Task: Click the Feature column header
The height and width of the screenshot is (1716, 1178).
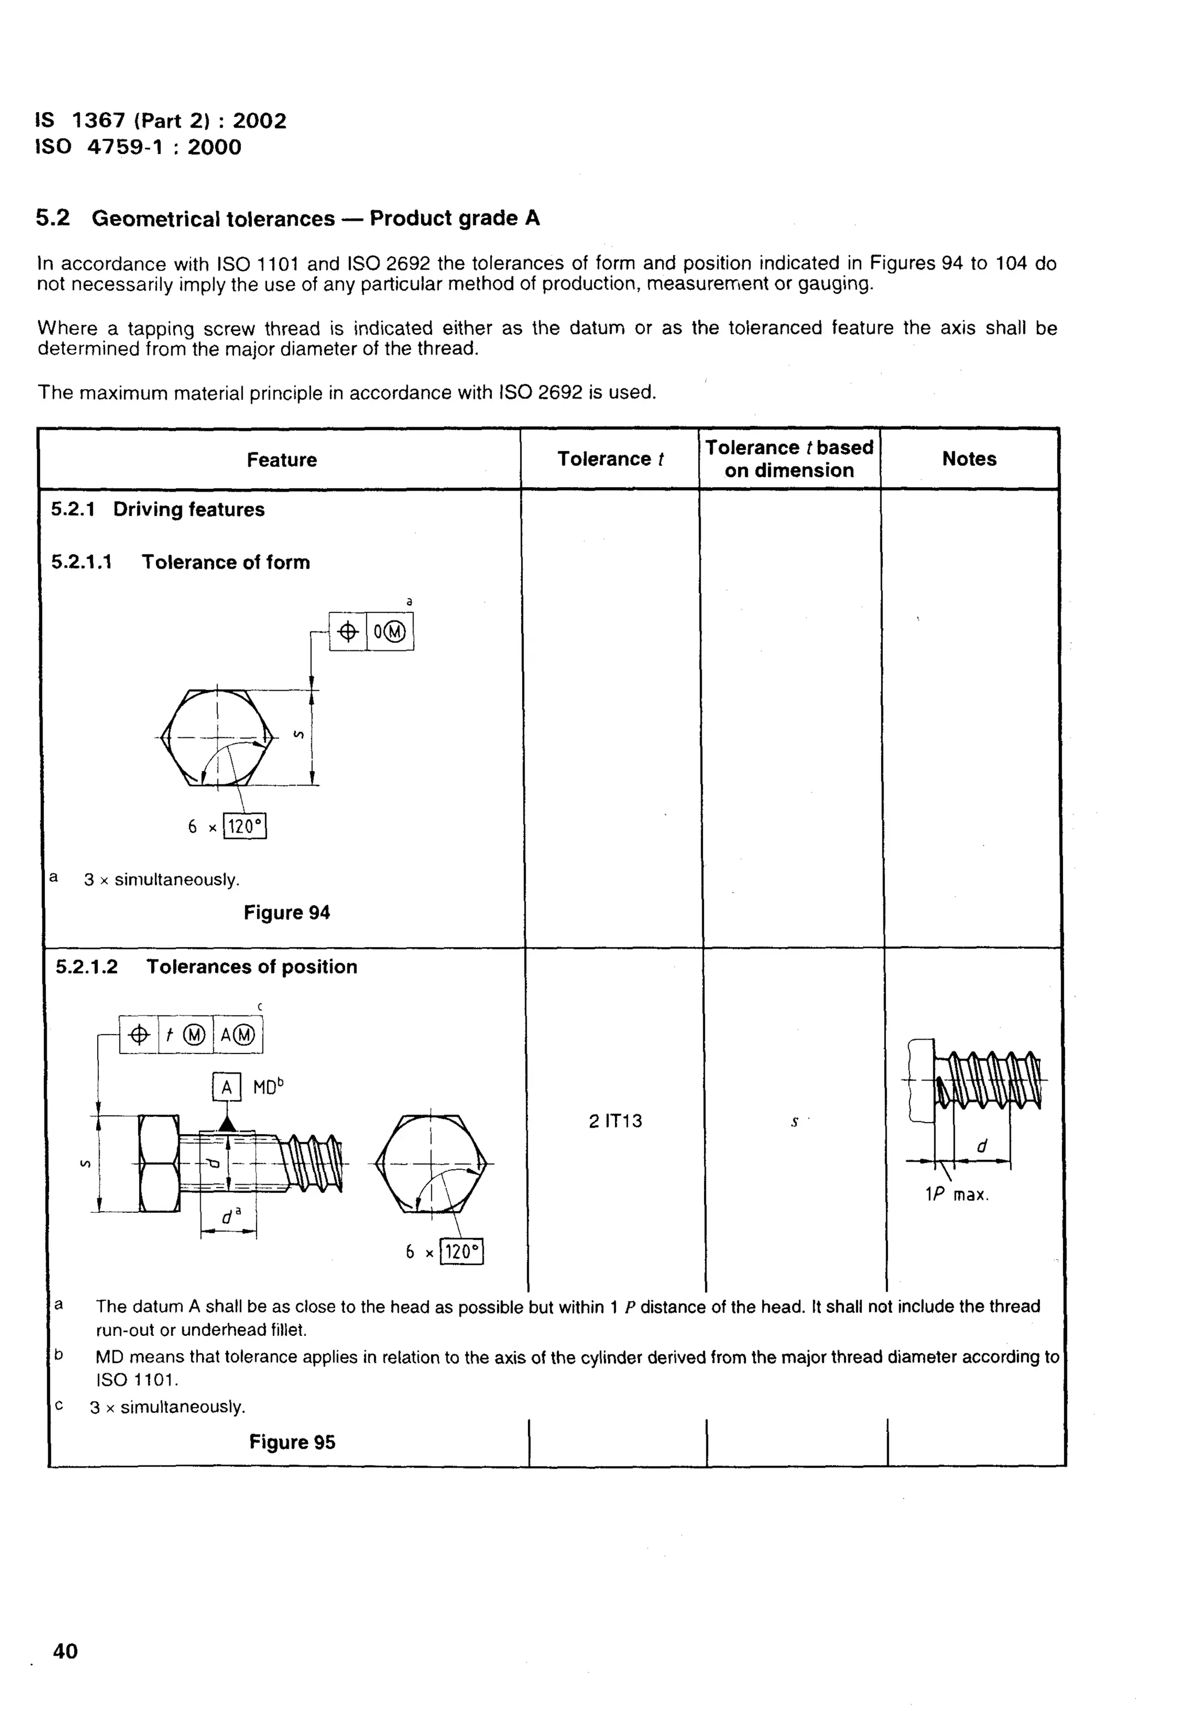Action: coord(281,460)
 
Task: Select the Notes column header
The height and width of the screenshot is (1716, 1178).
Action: coord(969,459)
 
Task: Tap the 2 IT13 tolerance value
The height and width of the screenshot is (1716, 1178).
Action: coord(615,1121)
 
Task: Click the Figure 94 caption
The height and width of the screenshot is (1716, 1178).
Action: coord(286,913)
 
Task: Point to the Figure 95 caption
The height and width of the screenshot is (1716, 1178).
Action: coord(292,1442)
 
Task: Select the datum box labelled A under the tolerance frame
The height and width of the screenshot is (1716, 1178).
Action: coord(227,1087)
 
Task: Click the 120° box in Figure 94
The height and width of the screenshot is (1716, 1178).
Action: coord(244,826)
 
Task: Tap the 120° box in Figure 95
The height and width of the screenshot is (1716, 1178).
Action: coord(462,1251)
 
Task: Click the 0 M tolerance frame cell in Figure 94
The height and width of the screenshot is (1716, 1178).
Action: coord(390,632)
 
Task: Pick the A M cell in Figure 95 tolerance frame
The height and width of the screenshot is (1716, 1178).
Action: coord(237,1035)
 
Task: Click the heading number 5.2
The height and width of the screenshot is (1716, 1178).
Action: coord(52,218)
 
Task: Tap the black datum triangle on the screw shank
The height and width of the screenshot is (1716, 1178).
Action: coord(227,1124)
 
